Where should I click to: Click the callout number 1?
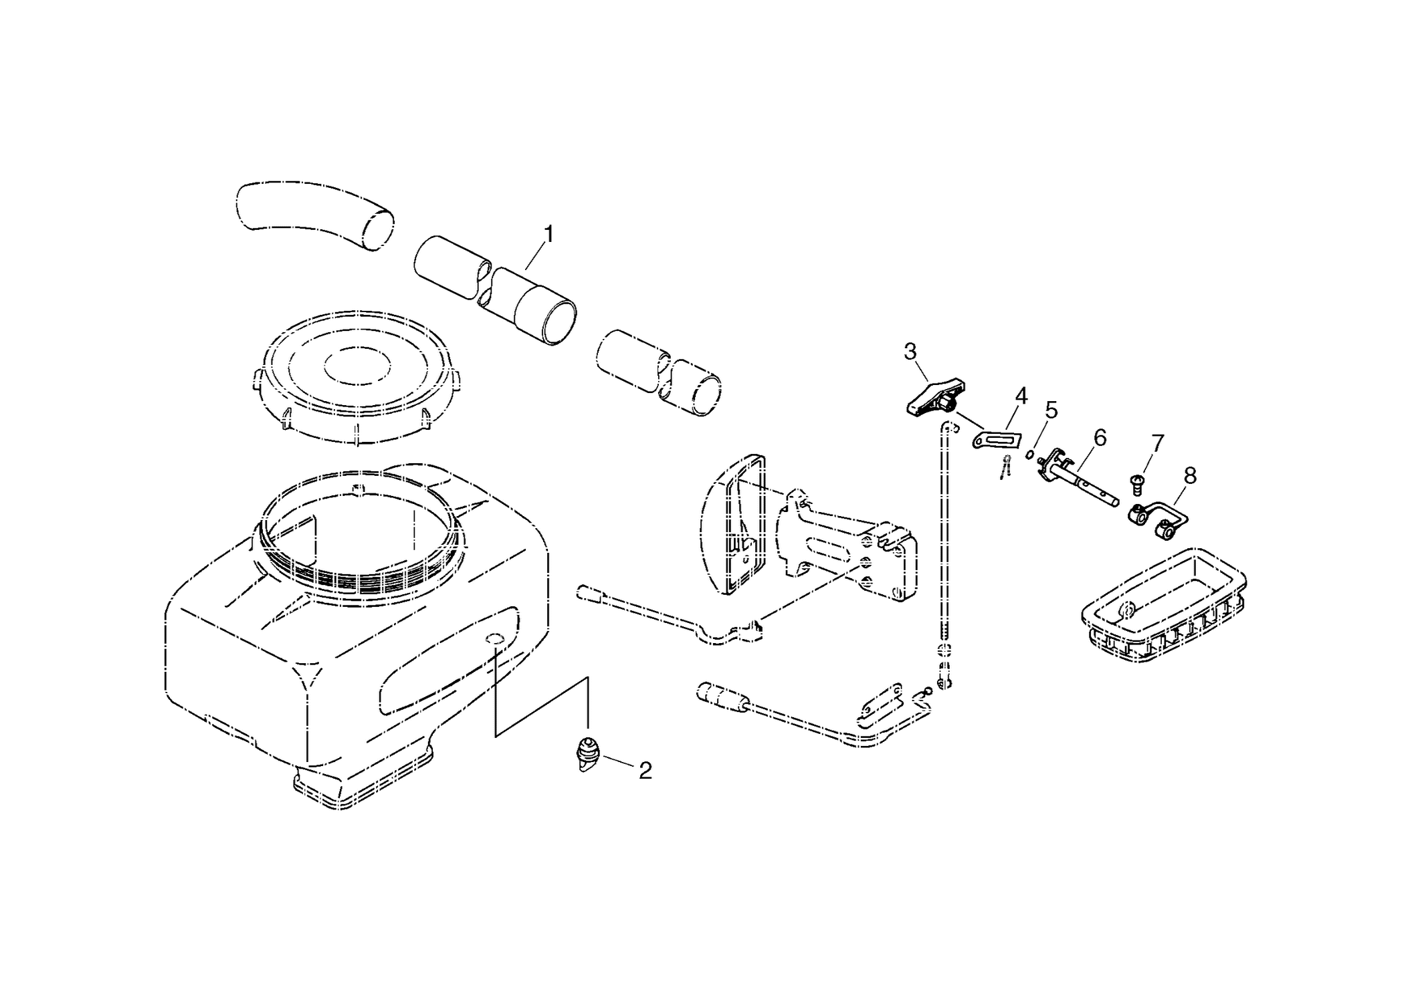(x=549, y=235)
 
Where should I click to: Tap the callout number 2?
(x=645, y=771)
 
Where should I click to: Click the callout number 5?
(x=1051, y=410)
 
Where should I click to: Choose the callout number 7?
(x=1158, y=443)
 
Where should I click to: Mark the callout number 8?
(x=1190, y=475)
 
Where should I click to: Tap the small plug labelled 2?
(x=587, y=753)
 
